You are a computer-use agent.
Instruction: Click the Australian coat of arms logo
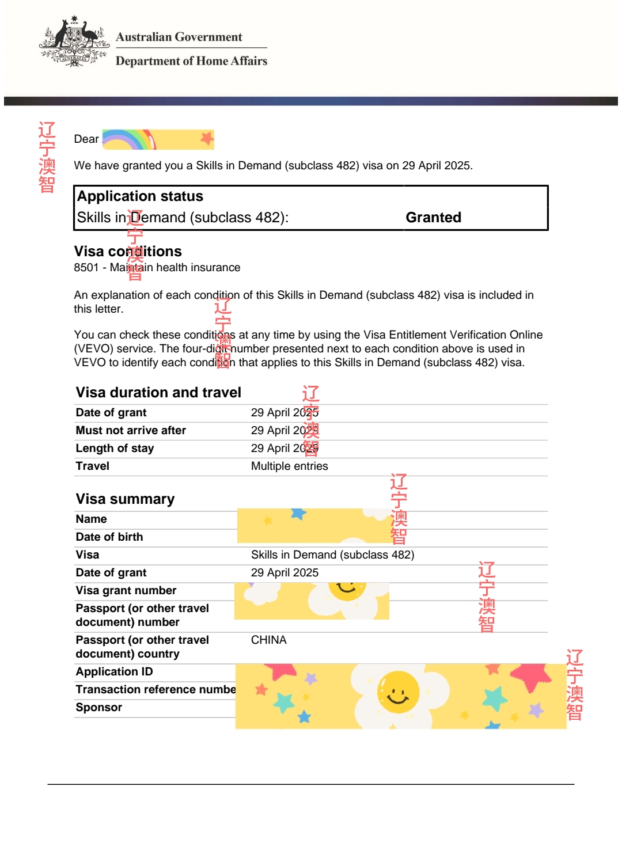pyautogui.click(x=74, y=41)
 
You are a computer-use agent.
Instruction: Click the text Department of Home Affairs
pyautogui.click(x=191, y=61)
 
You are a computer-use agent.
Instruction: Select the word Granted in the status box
pyautogui.click(x=433, y=218)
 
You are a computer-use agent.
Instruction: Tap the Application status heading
pyautogui.click(x=140, y=196)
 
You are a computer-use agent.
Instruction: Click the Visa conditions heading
pyautogui.click(x=128, y=252)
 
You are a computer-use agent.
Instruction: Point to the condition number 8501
pyautogui.click(x=86, y=268)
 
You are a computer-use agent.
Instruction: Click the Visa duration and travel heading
pyautogui.click(x=158, y=393)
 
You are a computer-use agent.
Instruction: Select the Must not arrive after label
pyautogui.click(x=131, y=431)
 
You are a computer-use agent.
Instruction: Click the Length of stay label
pyautogui.click(x=115, y=449)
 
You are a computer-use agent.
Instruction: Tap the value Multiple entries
pyautogui.click(x=289, y=466)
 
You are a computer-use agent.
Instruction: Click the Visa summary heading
pyautogui.click(x=125, y=499)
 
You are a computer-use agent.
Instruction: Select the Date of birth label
pyautogui.click(x=109, y=537)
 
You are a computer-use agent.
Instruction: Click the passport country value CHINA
pyautogui.click(x=268, y=640)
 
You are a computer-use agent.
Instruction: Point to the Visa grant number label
pyautogui.click(x=126, y=591)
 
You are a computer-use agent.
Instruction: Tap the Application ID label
pyautogui.click(x=114, y=672)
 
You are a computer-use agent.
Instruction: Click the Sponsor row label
pyautogui.click(x=98, y=708)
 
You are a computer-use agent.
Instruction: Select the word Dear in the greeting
pyautogui.click(x=86, y=139)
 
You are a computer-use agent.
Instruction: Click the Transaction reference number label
pyautogui.click(x=155, y=690)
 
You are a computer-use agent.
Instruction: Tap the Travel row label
pyautogui.click(x=92, y=466)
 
